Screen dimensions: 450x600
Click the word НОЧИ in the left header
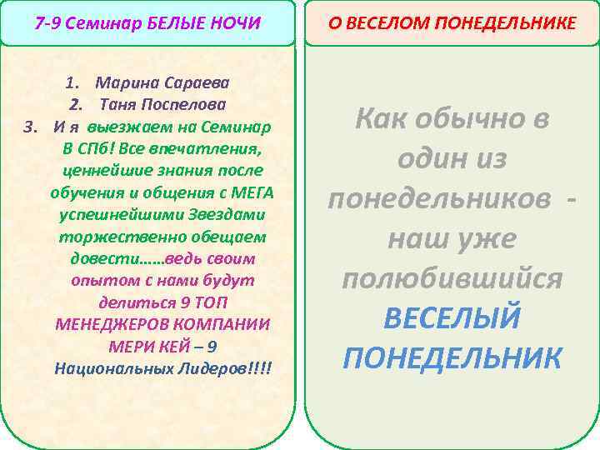click(x=236, y=22)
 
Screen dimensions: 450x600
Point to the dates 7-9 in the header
click(x=47, y=22)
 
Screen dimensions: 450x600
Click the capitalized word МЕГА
click(x=251, y=192)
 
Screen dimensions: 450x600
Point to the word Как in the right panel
click(x=384, y=120)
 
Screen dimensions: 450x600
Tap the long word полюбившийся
click(x=452, y=278)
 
